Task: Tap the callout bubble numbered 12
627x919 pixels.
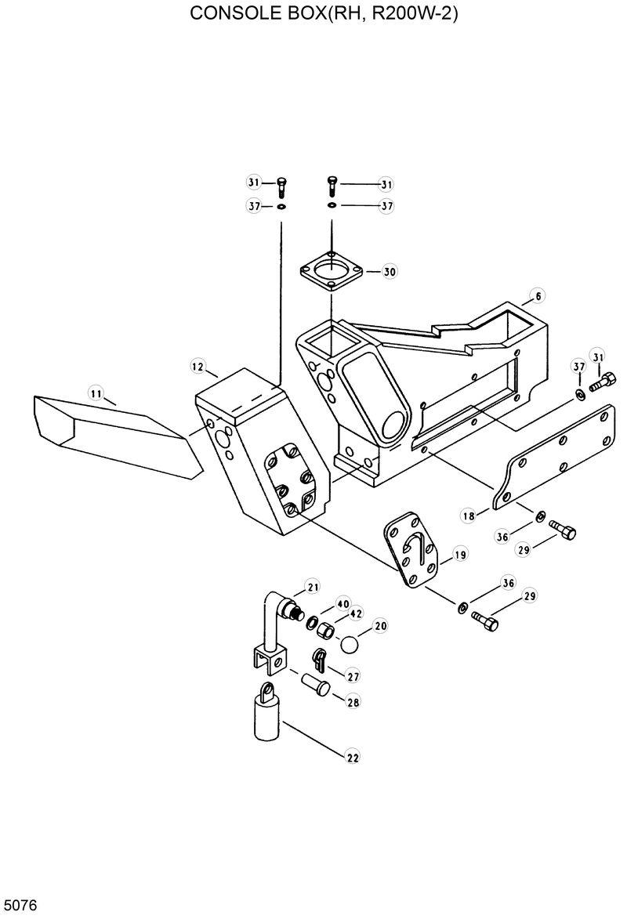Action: point(198,366)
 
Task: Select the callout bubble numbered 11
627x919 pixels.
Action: point(96,393)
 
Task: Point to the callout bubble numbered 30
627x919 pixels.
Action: point(390,272)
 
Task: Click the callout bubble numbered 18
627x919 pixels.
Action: point(469,516)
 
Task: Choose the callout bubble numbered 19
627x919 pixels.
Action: point(460,555)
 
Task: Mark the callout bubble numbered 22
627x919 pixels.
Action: point(353,757)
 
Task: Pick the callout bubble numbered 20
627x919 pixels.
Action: point(381,626)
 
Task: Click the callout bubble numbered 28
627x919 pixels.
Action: point(353,703)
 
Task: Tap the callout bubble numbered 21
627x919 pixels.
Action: point(313,588)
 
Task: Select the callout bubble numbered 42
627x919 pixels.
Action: point(357,613)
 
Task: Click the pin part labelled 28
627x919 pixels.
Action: point(317,682)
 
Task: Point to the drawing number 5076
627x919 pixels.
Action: point(20,906)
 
